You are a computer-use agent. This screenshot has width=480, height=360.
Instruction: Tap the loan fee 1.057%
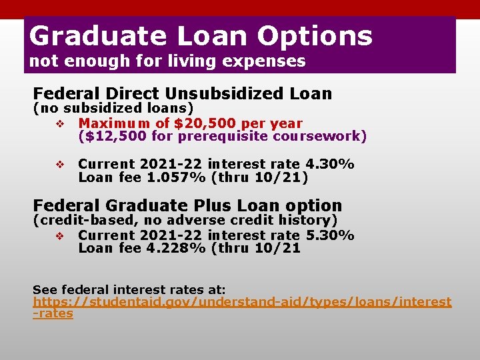coord(176,177)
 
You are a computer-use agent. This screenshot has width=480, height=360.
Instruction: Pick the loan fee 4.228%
coord(176,248)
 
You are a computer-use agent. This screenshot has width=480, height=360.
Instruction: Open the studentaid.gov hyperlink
coord(241,302)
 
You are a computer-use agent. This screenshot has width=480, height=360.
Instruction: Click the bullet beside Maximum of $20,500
coord(59,124)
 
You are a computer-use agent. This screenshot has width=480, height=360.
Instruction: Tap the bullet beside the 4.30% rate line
coord(59,165)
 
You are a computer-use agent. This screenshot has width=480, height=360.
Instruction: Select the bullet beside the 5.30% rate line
coord(59,235)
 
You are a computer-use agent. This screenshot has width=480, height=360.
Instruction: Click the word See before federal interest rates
coord(44,289)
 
